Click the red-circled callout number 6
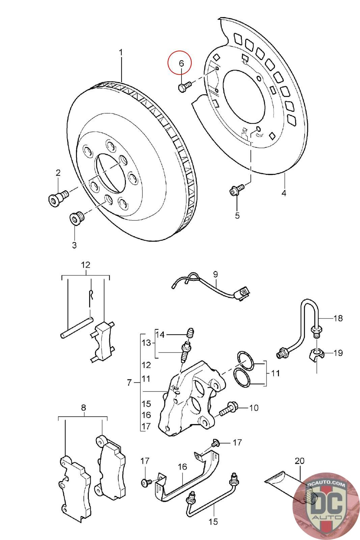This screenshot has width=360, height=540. (x=181, y=63)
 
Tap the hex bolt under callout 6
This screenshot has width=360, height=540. (x=185, y=86)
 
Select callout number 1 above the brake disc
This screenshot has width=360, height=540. (x=121, y=53)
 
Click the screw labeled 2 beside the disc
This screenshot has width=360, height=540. (x=59, y=197)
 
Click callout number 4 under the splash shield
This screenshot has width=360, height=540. (x=284, y=193)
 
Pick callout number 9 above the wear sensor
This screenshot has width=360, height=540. (x=215, y=274)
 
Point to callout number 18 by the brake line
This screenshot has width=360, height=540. (x=338, y=318)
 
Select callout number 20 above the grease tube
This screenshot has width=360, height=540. (x=300, y=461)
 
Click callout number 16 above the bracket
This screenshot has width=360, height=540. (x=183, y=467)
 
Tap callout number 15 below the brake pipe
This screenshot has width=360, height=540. (x=213, y=522)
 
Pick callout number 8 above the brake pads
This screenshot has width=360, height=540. (x=83, y=408)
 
